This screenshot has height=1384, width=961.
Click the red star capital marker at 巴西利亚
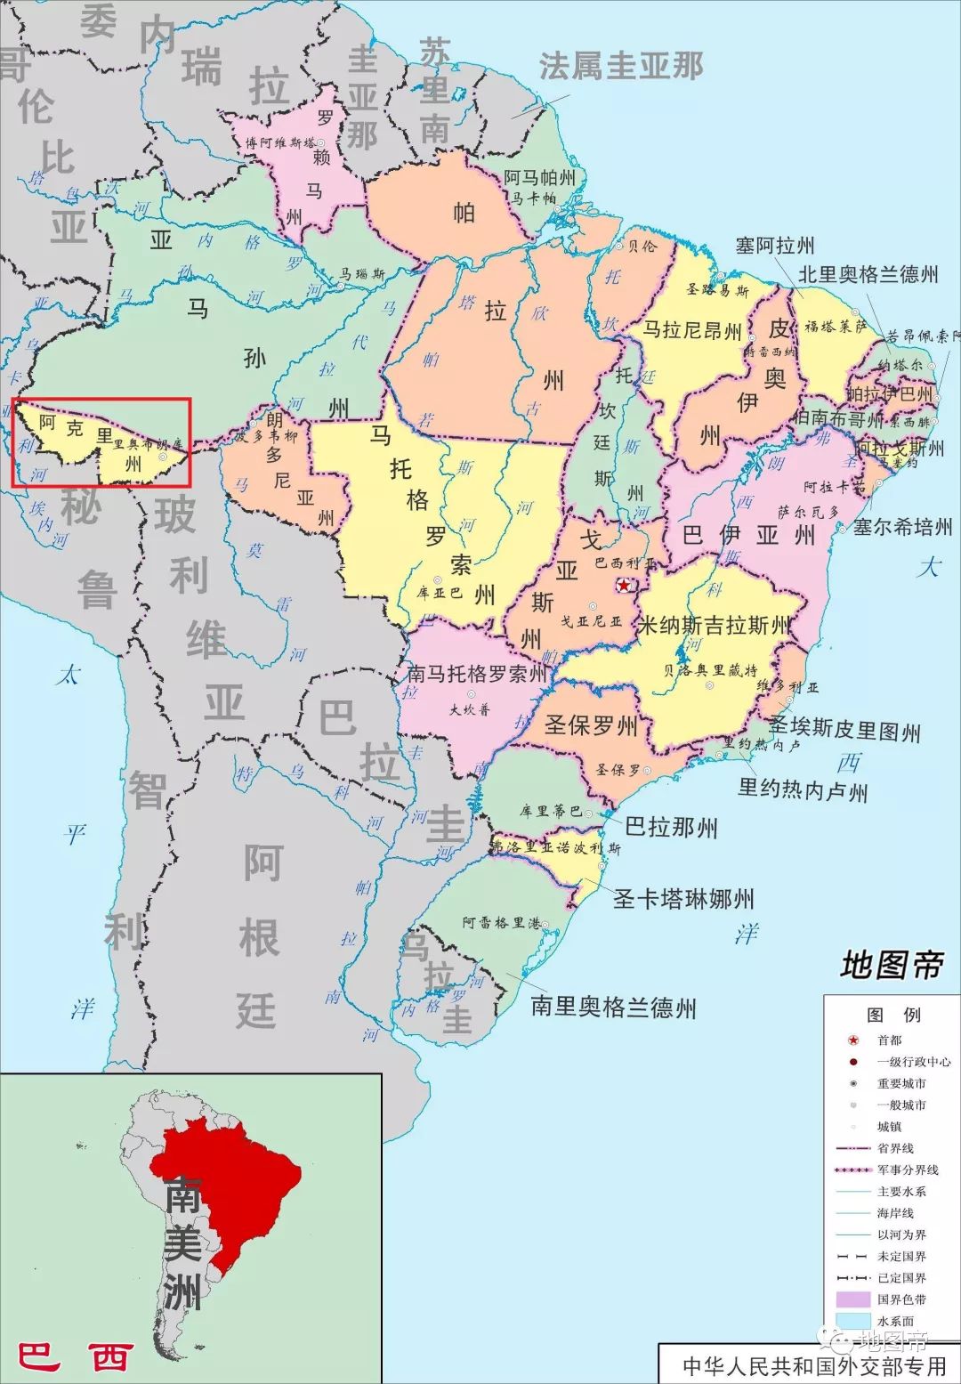coord(626,586)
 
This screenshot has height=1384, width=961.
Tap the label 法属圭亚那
coord(621,66)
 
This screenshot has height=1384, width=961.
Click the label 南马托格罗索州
coord(477,674)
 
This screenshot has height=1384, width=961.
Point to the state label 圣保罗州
coord(591,725)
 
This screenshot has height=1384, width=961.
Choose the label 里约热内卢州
coord(803,789)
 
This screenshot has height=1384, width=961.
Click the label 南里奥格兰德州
coord(613,1008)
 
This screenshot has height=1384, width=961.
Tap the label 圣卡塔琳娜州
coord(683,899)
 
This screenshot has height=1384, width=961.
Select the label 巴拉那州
coord(671,828)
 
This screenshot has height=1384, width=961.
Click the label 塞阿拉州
coord(774,246)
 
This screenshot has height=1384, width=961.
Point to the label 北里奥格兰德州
coord(868,274)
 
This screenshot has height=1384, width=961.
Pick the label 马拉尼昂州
coord(692,331)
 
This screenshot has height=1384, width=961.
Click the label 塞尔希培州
coord(902,527)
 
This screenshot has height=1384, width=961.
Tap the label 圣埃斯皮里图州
coord(844,730)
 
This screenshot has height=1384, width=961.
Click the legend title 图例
coord(893,1015)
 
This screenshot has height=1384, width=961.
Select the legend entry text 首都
coord(889,1040)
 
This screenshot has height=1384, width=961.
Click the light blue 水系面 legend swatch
coord(852,1321)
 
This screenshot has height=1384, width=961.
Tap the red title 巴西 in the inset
coord(77,1357)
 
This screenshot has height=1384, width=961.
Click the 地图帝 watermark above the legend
coord(891,964)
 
